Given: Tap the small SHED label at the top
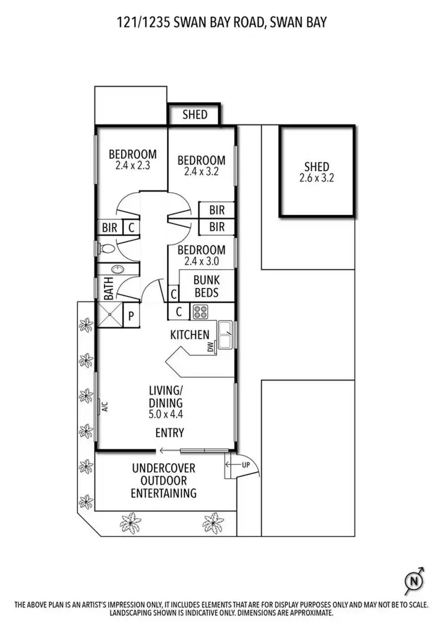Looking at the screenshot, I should click(x=194, y=114).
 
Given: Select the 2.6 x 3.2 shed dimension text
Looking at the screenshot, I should click(x=316, y=178).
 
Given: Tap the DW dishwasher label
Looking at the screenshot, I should click(x=210, y=349).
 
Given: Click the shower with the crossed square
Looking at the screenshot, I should click(x=109, y=316).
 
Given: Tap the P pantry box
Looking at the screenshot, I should click(x=131, y=316).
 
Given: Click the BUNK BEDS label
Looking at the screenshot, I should click(x=206, y=287).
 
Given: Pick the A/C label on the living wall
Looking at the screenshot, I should click(x=104, y=406).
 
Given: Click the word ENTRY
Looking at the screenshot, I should click(x=170, y=433).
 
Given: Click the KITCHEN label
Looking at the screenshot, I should click(x=190, y=335).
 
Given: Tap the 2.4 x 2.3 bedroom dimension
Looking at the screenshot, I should click(x=132, y=166).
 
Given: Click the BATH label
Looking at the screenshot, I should click(x=109, y=290).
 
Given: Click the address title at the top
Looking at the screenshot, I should click(x=221, y=22).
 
